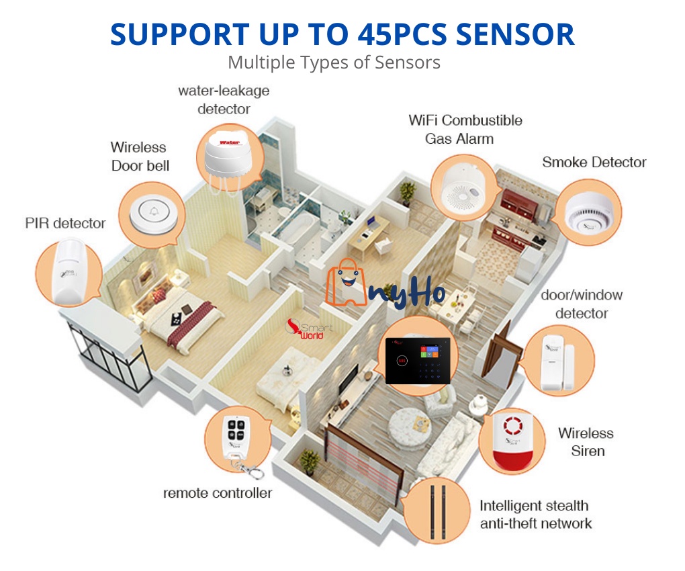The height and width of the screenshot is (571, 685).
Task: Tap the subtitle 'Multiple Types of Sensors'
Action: coord(334,62)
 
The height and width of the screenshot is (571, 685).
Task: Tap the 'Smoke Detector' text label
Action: coord(594,163)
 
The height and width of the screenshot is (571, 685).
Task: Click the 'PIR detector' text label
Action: coord(65,223)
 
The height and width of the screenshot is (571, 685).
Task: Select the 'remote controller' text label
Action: coord(218,493)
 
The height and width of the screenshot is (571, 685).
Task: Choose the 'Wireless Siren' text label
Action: coord(586,442)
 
